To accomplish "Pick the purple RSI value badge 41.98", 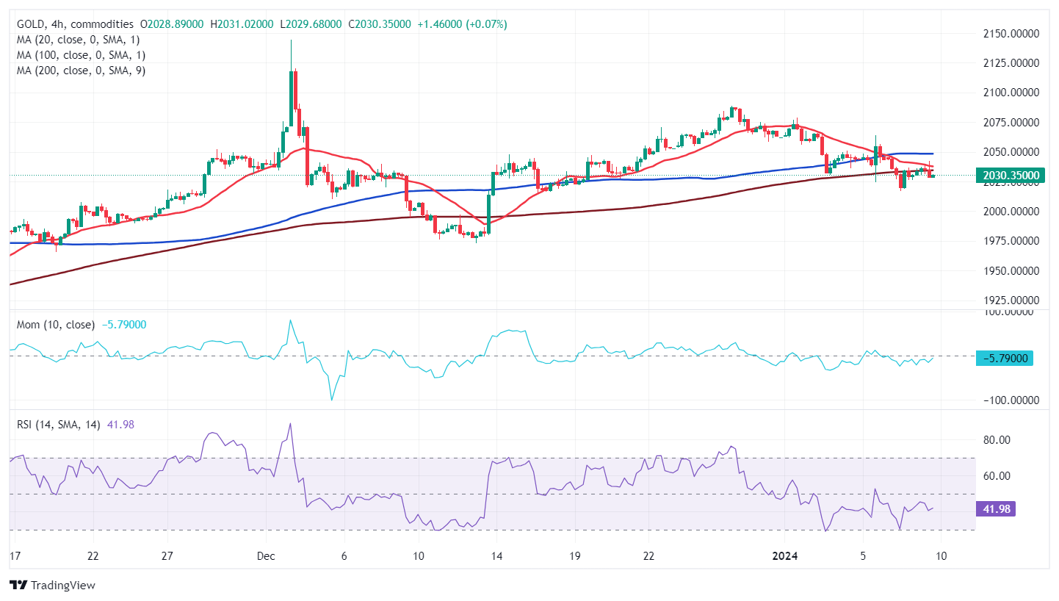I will pyautogui.click(x=994, y=509).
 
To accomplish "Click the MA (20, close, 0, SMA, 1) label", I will pyautogui.click(x=78, y=40).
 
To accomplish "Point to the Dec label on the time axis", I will pyautogui.click(x=266, y=556).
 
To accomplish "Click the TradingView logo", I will pyautogui.click(x=53, y=586).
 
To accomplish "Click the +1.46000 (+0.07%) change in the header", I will pyautogui.click(x=462, y=24).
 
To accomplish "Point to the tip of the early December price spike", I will pyautogui.click(x=291, y=41).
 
